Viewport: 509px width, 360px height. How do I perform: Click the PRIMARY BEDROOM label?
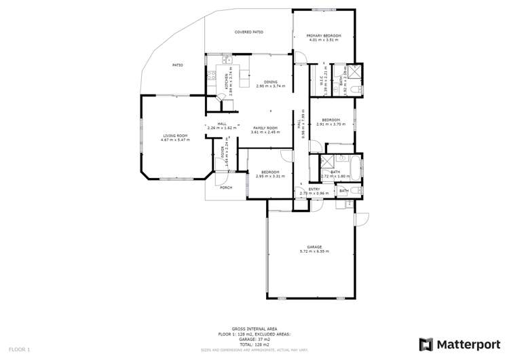[323, 35]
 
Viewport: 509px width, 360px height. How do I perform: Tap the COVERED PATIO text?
[248, 32]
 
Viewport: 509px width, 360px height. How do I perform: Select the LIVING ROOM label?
[175, 135]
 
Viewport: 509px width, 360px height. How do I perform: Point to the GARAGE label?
[314, 247]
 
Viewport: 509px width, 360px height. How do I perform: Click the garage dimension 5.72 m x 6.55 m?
[314, 251]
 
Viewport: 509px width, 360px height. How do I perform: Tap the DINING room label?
[271, 82]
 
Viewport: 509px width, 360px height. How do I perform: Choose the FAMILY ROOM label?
[266, 128]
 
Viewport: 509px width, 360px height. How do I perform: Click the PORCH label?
[226, 187]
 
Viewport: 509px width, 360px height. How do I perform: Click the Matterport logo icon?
[426, 344]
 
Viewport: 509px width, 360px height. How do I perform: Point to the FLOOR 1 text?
[19, 349]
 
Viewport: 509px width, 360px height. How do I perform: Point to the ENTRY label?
[314, 189]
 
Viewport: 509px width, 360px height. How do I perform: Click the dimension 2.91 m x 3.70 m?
[331, 124]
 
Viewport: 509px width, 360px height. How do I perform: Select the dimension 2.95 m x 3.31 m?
[269, 176]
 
